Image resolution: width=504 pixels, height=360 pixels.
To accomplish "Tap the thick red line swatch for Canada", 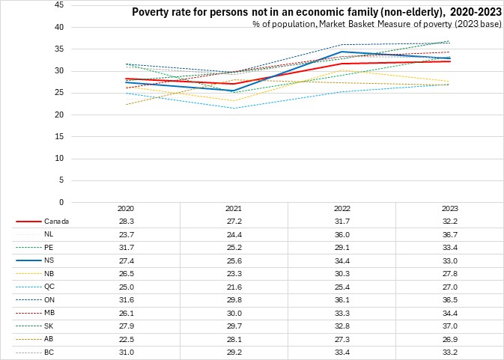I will [x=28, y=222].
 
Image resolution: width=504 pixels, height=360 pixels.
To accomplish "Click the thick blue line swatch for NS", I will [x=28, y=260].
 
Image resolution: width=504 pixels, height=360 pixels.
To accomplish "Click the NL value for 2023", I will [x=451, y=234].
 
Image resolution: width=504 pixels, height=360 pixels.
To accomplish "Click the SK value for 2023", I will [x=451, y=324].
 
